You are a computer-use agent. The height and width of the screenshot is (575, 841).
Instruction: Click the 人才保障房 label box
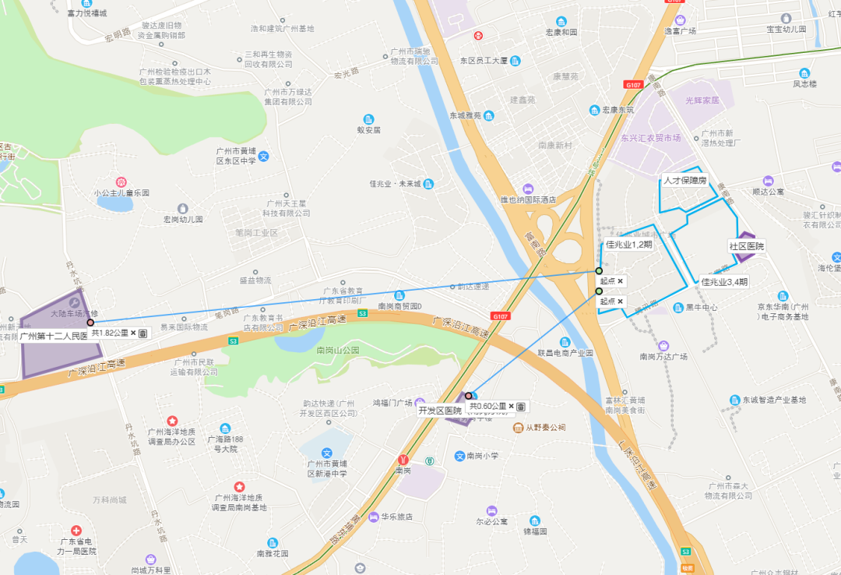click(x=684, y=180)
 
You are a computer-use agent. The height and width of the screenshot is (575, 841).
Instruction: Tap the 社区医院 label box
click(x=747, y=246)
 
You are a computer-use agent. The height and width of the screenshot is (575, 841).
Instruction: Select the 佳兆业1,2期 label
click(x=629, y=244)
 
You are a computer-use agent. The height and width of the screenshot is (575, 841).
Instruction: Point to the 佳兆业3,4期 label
click(x=724, y=281)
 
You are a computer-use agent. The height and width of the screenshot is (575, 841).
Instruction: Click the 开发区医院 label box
click(x=440, y=411)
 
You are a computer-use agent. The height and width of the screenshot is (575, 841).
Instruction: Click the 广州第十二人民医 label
click(x=53, y=337)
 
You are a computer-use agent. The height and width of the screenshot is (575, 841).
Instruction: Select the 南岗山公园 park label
click(x=338, y=351)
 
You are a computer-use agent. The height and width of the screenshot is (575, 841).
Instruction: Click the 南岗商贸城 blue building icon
click(x=399, y=295)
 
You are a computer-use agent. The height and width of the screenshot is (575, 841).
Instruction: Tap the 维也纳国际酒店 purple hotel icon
click(x=529, y=189)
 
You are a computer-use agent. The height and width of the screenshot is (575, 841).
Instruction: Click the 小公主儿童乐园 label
click(x=121, y=192)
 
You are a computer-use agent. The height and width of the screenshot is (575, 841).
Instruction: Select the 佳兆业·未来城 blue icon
click(x=428, y=184)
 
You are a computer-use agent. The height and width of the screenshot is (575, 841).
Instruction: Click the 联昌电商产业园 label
click(x=565, y=352)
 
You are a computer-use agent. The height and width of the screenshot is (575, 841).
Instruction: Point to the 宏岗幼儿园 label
click(x=183, y=220)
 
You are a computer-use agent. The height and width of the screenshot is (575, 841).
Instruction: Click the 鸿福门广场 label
click(x=392, y=403)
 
